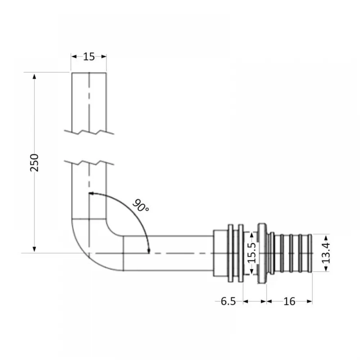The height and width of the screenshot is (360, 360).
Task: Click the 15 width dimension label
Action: (89, 57)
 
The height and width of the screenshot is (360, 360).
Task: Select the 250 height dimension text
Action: (35, 163)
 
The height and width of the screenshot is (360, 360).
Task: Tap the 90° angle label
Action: (141, 206)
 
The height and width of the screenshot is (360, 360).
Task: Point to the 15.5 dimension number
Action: (252, 253)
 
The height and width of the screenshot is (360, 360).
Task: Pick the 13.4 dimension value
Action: (326, 253)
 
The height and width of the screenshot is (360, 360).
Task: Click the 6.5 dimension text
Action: (228, 301)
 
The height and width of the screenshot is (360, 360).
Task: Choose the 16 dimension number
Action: (289, 301)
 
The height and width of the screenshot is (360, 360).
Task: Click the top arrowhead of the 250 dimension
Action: (35, 76)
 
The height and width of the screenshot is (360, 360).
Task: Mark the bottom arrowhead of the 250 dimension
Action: (35, 249)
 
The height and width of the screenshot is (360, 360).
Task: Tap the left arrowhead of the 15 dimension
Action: (74, 57)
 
